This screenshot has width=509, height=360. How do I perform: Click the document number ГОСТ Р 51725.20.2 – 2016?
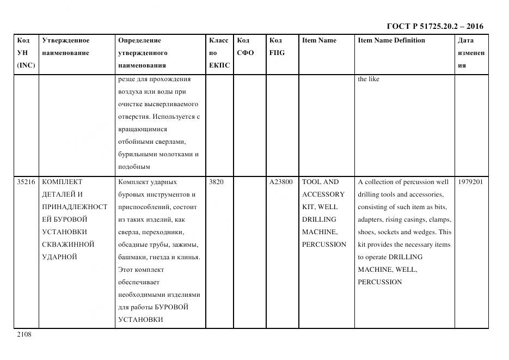[434, 26]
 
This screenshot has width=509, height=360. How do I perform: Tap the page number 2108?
[24, 334]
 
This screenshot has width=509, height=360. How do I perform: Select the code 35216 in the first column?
[26, 182]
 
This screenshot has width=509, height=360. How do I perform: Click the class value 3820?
[216, 182]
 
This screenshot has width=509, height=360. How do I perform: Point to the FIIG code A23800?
[281, 182]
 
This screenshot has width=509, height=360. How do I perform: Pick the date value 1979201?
[470, 182]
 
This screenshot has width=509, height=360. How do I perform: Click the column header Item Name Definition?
[391, 40]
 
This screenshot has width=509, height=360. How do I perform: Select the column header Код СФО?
[246, 47]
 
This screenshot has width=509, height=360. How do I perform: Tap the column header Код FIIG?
[277, 47]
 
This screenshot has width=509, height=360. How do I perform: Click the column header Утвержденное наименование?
[66, 47]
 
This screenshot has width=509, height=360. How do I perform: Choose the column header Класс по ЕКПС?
[219, 53]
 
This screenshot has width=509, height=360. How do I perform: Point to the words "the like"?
[369, 79]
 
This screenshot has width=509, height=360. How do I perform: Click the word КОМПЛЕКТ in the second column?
[62, 182]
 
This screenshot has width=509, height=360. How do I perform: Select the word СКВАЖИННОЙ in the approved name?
[68, 245]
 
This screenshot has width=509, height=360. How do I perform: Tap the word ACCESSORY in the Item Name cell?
[323, 194]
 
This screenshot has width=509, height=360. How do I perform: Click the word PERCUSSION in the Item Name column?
[324, 245]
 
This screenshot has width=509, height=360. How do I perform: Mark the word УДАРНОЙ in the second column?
[59, 257]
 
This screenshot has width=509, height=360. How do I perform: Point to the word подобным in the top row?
[133, 167]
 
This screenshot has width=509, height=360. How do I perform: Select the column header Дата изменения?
[471, 53]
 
